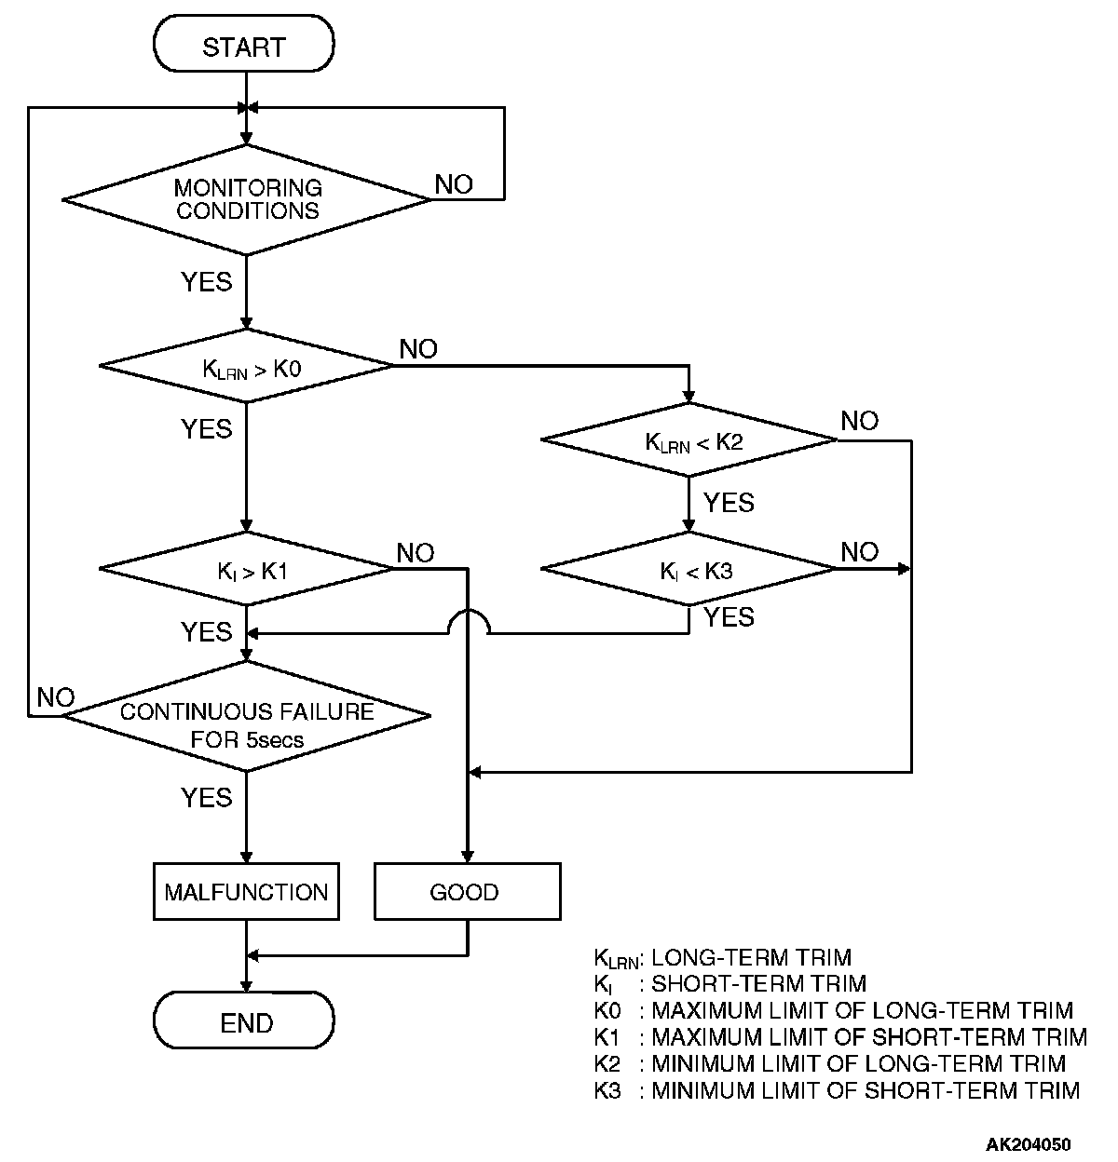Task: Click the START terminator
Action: coord(244,46)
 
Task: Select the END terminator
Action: coord(244,1021)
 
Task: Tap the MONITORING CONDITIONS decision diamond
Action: coord(247,199)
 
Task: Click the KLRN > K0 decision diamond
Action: coord(247,366)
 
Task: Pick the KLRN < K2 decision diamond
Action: coord(689,439)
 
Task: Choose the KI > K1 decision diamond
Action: coord(247,568)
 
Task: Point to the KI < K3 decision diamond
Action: coord(689,568)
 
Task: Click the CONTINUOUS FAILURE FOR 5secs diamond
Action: coord(247,716)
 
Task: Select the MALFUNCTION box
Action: coord(246,892)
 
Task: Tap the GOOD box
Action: coord(467,892)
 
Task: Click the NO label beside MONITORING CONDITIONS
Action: coord(454,184)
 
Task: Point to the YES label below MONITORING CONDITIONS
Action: coord(207,281)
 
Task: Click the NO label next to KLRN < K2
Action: coord(859,421)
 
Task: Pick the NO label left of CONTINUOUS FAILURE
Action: coord(55,697)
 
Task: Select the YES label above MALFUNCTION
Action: coord(207,797)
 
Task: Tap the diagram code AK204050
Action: coord(1029,1143)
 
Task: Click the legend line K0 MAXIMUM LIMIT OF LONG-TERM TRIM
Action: coord(833,1010)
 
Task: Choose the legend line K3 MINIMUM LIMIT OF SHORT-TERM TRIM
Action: coord(837,1090)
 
